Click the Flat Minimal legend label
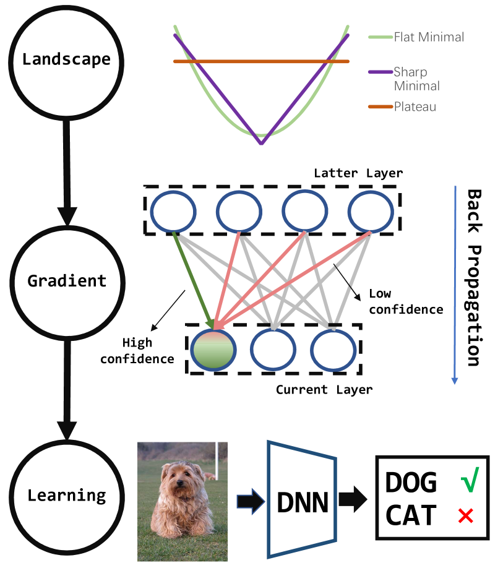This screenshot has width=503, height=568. point(429,37)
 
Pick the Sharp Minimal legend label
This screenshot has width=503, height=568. point(416,79)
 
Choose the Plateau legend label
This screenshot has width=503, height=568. point(415,107)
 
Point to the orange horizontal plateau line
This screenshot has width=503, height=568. point(261,62)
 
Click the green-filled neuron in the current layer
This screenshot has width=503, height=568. point(213,350)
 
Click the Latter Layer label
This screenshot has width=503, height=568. point(358,173)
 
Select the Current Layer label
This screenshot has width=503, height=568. point(324,390)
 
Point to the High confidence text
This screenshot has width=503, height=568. point(137,351)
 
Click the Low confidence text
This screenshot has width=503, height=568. point(406,301)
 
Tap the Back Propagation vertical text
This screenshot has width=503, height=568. point(474,278)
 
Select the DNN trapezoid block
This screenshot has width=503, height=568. point(303,499)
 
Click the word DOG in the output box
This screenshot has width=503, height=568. point(411,483)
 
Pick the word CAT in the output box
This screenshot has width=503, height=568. point(411,515)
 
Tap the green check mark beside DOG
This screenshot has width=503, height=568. point(470,480)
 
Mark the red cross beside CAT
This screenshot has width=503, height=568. point(466,516)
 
